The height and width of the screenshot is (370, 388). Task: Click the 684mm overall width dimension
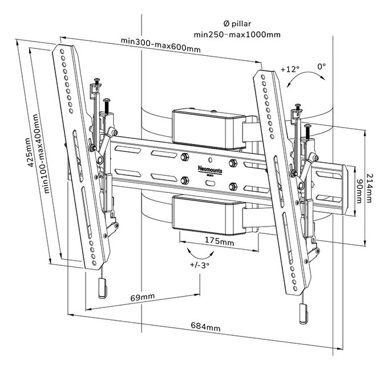[205, 327]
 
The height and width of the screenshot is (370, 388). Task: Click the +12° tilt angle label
[290, 69]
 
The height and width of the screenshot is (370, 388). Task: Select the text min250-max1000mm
[237, 34]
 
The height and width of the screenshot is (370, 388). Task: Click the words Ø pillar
[237, 22]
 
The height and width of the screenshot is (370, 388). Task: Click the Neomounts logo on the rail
[208, 169]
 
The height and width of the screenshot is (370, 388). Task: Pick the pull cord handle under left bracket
[102, 289]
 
